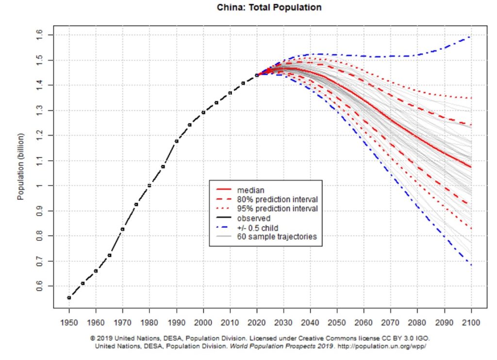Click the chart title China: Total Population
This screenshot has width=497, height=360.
click(268, 8)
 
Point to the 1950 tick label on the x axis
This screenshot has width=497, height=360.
click(69, 322)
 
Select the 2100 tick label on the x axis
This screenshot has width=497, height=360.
click(471, 322)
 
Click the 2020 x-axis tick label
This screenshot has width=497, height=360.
click(257, 322)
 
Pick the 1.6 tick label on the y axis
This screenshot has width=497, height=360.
click(39, 34)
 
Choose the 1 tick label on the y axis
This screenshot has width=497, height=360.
click(39, 186)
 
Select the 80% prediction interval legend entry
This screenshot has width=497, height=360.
click(277, 199)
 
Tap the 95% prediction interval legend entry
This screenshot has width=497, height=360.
click(277, 208)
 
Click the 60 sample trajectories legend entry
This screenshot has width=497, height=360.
click(277, 237)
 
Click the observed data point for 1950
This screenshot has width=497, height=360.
click(69, 297)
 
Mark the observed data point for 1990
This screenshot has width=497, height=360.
click(176, 141)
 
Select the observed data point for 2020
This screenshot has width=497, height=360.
click(257, 75)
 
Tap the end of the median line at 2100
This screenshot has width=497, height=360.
click(471, 167)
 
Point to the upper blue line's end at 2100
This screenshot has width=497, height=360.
click(471, 36)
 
